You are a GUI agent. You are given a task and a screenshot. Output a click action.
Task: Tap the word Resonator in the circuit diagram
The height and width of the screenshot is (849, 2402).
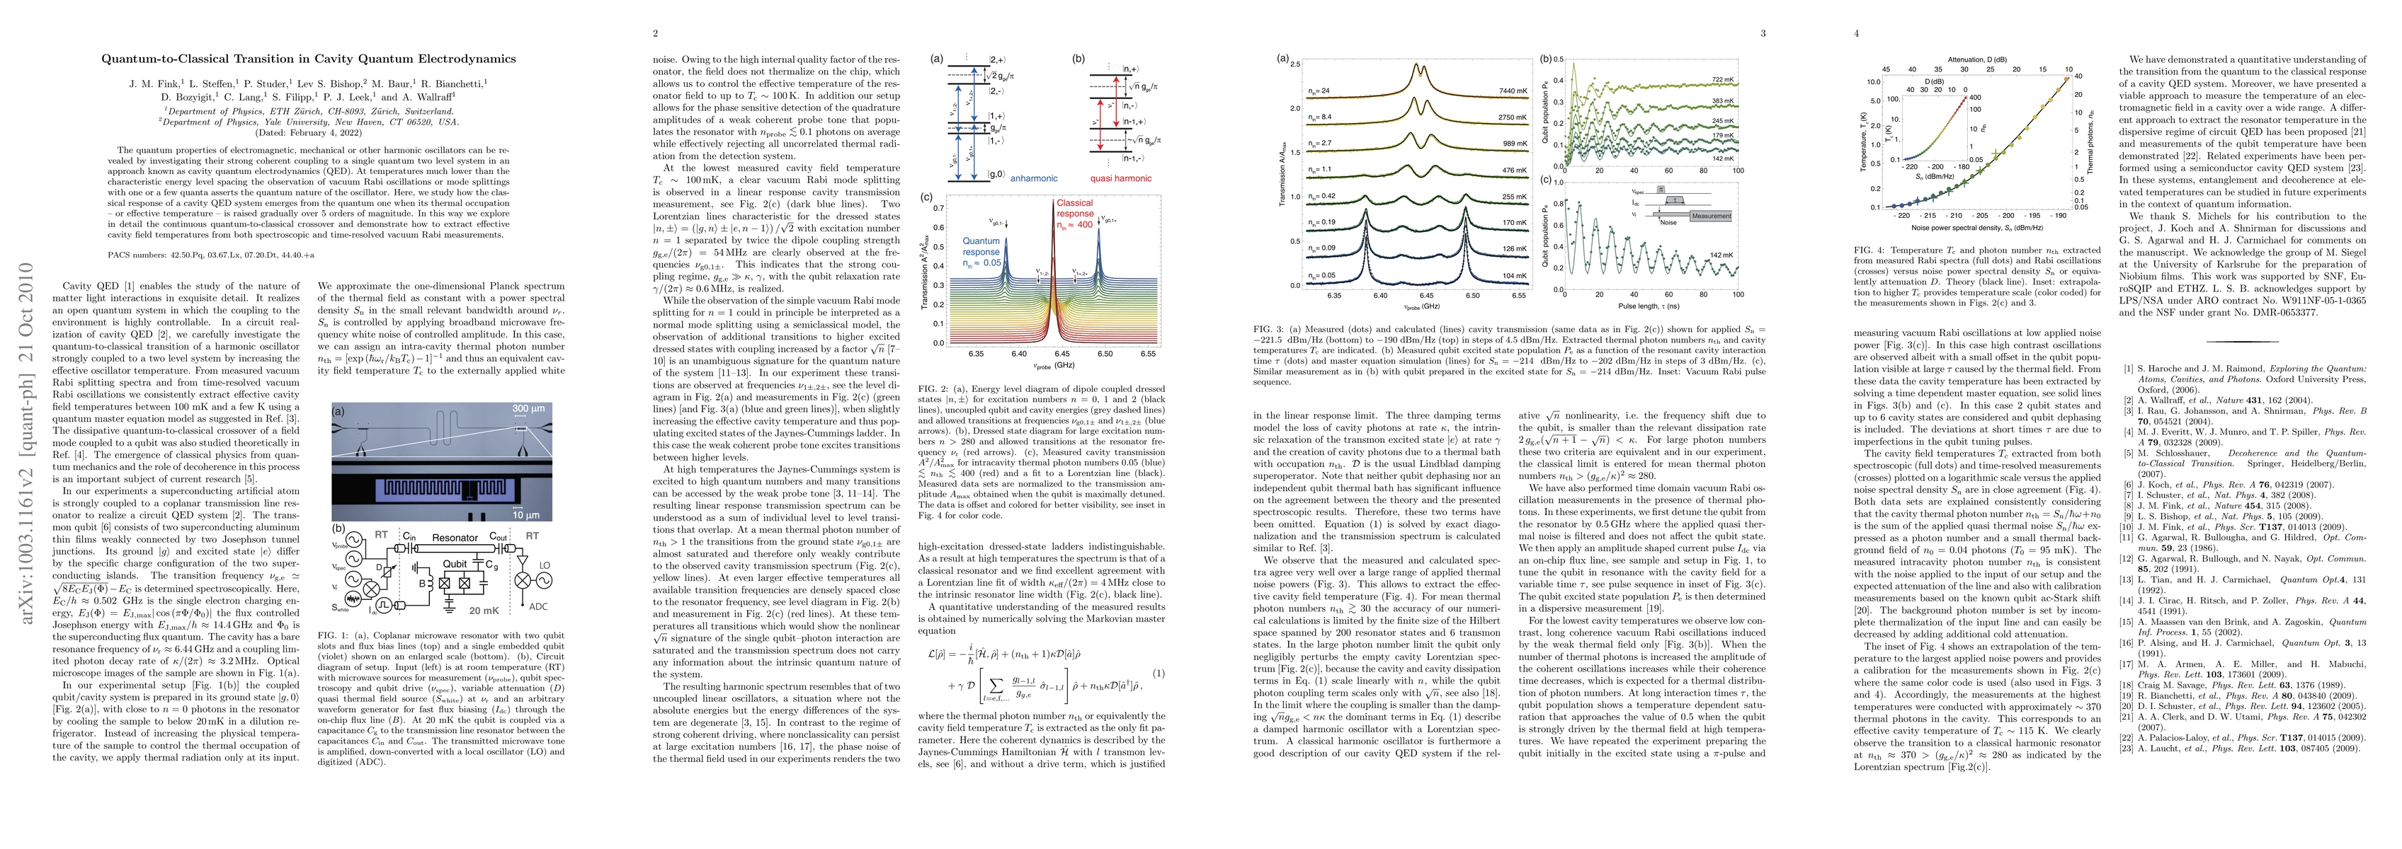tap(455, 537)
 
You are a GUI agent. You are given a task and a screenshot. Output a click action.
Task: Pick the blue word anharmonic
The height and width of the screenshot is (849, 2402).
tap(998, 178)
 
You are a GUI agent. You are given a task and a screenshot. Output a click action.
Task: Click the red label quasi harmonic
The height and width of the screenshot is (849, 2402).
tap(1120, 178)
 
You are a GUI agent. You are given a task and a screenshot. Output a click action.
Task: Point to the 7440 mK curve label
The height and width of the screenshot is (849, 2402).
tap(1513, 91)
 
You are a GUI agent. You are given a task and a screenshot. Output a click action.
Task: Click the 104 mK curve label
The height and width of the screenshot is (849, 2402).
tap(1513, 276)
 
